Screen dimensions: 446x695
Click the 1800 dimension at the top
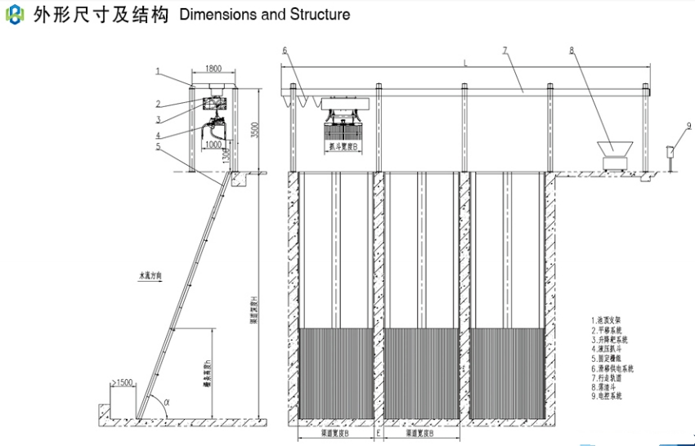click(213, 69)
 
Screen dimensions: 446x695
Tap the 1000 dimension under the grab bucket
click(213, 144)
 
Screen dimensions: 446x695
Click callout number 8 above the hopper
click(572, 51)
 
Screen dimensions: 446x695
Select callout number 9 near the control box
click(688, 125)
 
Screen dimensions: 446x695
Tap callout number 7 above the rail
click(505, 51)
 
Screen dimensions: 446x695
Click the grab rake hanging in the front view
click(345, 123)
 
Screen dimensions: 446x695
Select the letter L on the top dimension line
click(465, 62)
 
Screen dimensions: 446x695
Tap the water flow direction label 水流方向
click(150, 277)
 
